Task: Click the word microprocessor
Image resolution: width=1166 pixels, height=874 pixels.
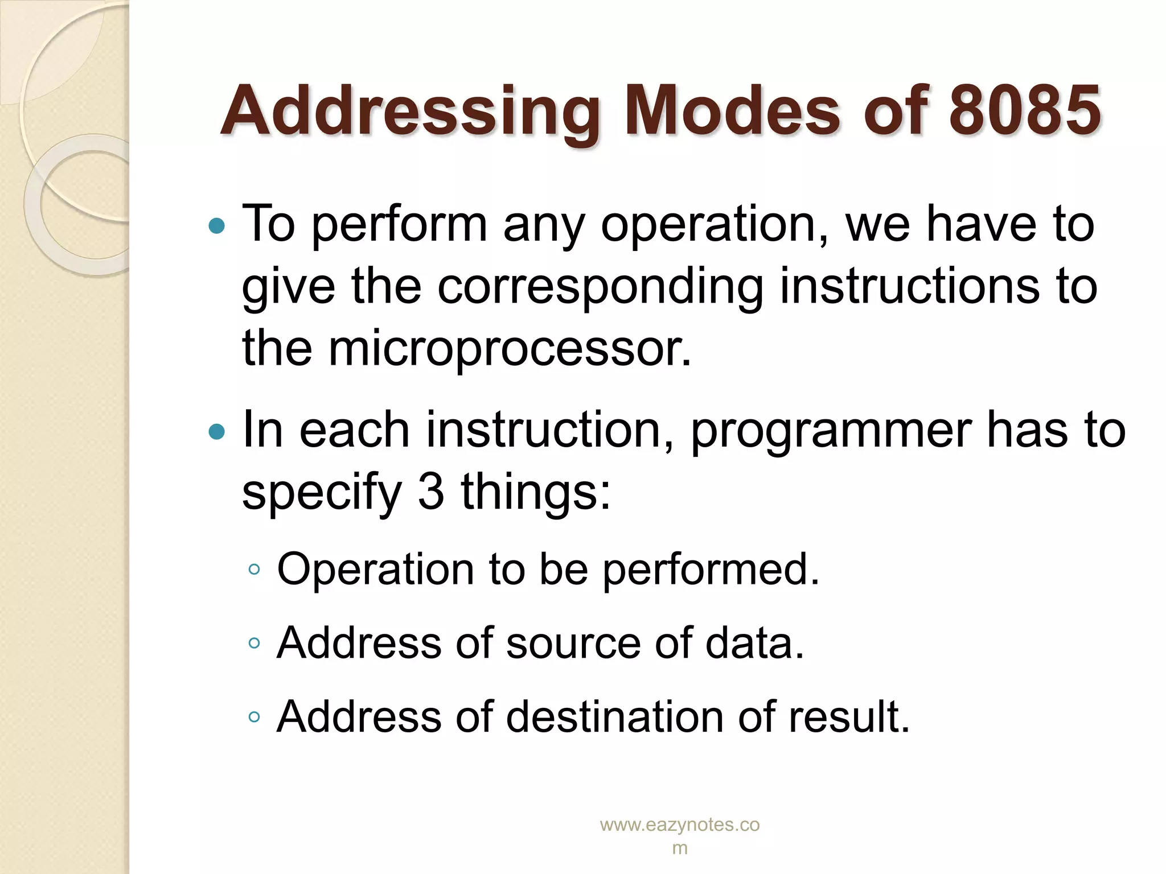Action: pyautogui.click(x=510, y=348)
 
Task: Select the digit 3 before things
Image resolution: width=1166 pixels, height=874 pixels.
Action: pyautogui.click(x=430, y=492)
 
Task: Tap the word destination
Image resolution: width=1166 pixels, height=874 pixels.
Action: pyautogui.click(x=615, y=716)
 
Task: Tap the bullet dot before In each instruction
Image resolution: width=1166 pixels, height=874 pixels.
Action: pyautogui.click(x=217, y=432)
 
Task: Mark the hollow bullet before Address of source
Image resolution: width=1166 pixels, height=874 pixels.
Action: pyautogui.click(x=254, y=644)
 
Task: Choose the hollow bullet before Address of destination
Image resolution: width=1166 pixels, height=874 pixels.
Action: pyautogui.click(x=254, y=717)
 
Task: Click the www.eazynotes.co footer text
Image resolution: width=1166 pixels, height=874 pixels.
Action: pyautogui.click(x=680, y=825)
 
